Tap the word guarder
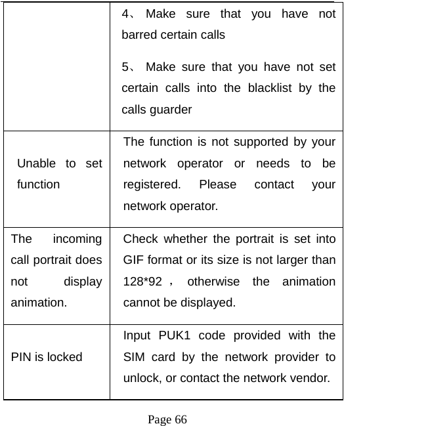(x=173, y=110)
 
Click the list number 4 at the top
(x=127, y=13)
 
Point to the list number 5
(x=127, y=67)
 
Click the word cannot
(x=140, y=303)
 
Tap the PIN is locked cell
(x=47, y=357)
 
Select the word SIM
(x=134, y=357)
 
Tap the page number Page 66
(x=167, y=419)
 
